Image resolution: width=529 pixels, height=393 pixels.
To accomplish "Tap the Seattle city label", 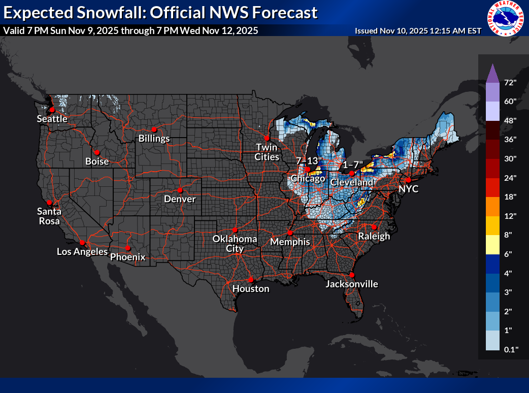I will click(x=52, y=119).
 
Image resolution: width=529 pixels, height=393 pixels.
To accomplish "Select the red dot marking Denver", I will click(x=180, y=190).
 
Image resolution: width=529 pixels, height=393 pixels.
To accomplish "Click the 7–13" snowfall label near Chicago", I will click(x=309, y=161).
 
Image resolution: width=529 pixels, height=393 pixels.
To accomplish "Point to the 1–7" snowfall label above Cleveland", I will click(x=353, y=165).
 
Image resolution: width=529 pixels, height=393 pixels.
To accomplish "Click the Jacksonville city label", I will click(x=352, y=284).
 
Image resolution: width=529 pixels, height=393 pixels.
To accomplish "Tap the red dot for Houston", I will click(x=250, y=279).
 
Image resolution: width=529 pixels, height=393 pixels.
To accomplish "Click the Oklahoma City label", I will click(x=235, y=244).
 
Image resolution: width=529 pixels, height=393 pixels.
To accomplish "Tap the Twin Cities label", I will click(x=267, y=152).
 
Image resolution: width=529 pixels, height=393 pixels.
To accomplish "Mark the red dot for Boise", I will click(x=96, y=152).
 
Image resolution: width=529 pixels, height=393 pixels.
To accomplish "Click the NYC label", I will click(x=408, y=188).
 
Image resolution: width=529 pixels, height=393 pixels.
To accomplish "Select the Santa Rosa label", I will click(x=49, y=216).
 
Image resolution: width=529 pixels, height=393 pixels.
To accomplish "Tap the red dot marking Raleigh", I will click(x=374, y=227).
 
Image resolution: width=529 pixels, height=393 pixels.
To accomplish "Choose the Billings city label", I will click(x=155, y=139).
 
